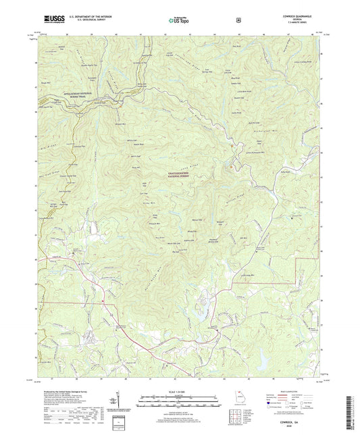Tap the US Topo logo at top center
[178, 22]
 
